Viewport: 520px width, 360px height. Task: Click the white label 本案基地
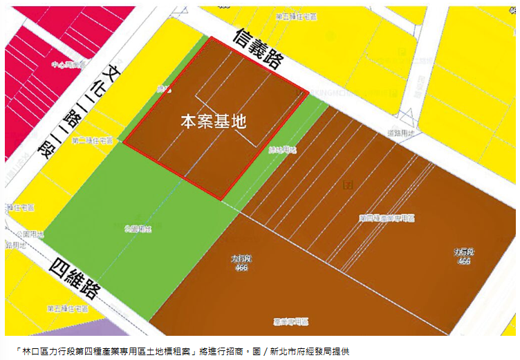point(214,122)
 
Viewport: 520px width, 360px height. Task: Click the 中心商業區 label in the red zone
point(66,64)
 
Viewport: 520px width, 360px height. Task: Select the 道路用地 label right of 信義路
point(402,133)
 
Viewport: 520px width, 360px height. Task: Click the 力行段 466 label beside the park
point(241,263)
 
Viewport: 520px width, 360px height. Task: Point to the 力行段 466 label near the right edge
point(463,256)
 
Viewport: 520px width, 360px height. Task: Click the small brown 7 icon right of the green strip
point(347,184)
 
